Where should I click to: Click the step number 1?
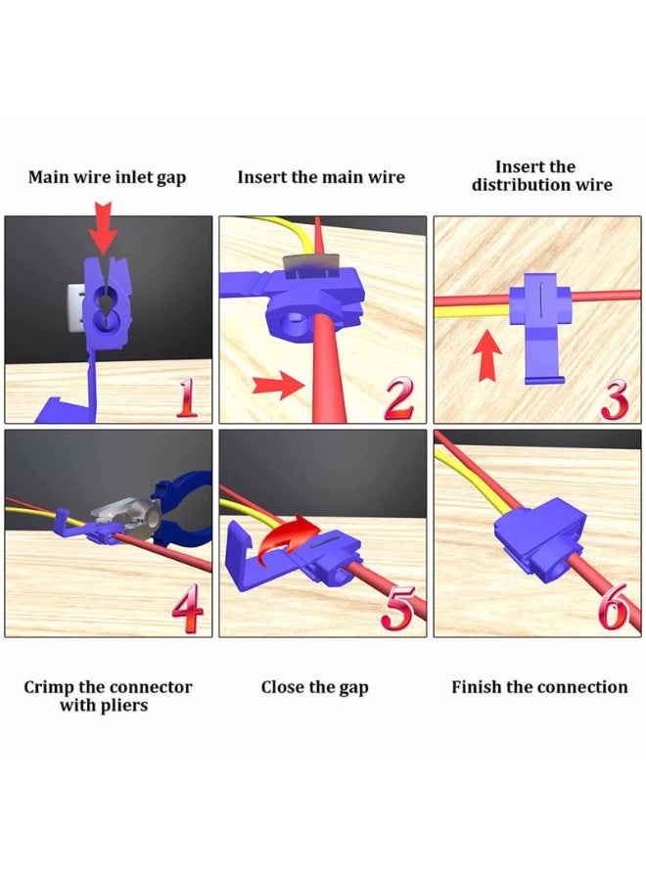coord(187,397)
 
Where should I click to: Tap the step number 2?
coord(399,398)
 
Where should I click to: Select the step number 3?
coord(615,399)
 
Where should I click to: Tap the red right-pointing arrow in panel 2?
coord(279,386)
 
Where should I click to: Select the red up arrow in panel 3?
coord(486,355)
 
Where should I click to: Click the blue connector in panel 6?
coord(539,540)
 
